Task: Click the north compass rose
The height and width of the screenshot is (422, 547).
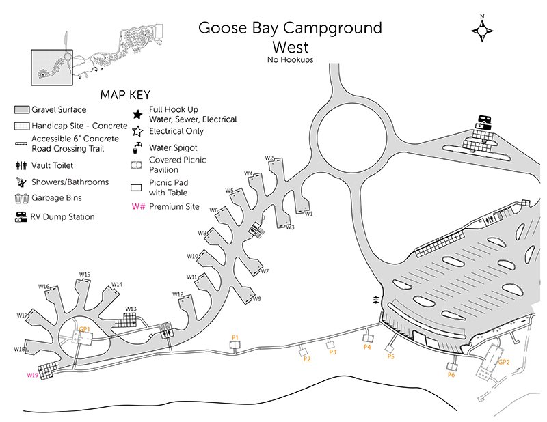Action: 484,30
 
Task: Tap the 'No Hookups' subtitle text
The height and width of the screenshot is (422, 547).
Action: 291,60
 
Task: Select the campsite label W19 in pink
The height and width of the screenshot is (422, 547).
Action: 33,375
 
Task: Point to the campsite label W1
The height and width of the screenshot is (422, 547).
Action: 308,214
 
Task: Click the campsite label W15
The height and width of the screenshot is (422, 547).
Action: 85,275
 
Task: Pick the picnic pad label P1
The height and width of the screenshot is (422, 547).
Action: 235,338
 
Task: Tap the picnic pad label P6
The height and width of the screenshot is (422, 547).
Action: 451,375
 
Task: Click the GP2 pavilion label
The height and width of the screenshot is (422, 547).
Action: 505,363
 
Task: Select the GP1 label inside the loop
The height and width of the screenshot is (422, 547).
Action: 85,329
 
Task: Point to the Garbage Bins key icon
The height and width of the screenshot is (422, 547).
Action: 21,199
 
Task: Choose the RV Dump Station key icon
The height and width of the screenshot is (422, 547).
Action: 21,217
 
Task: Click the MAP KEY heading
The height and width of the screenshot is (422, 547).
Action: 125,95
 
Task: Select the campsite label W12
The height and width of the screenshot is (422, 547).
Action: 178,294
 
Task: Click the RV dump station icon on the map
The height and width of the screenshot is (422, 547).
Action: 484,120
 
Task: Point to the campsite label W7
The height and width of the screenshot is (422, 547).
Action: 265,271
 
